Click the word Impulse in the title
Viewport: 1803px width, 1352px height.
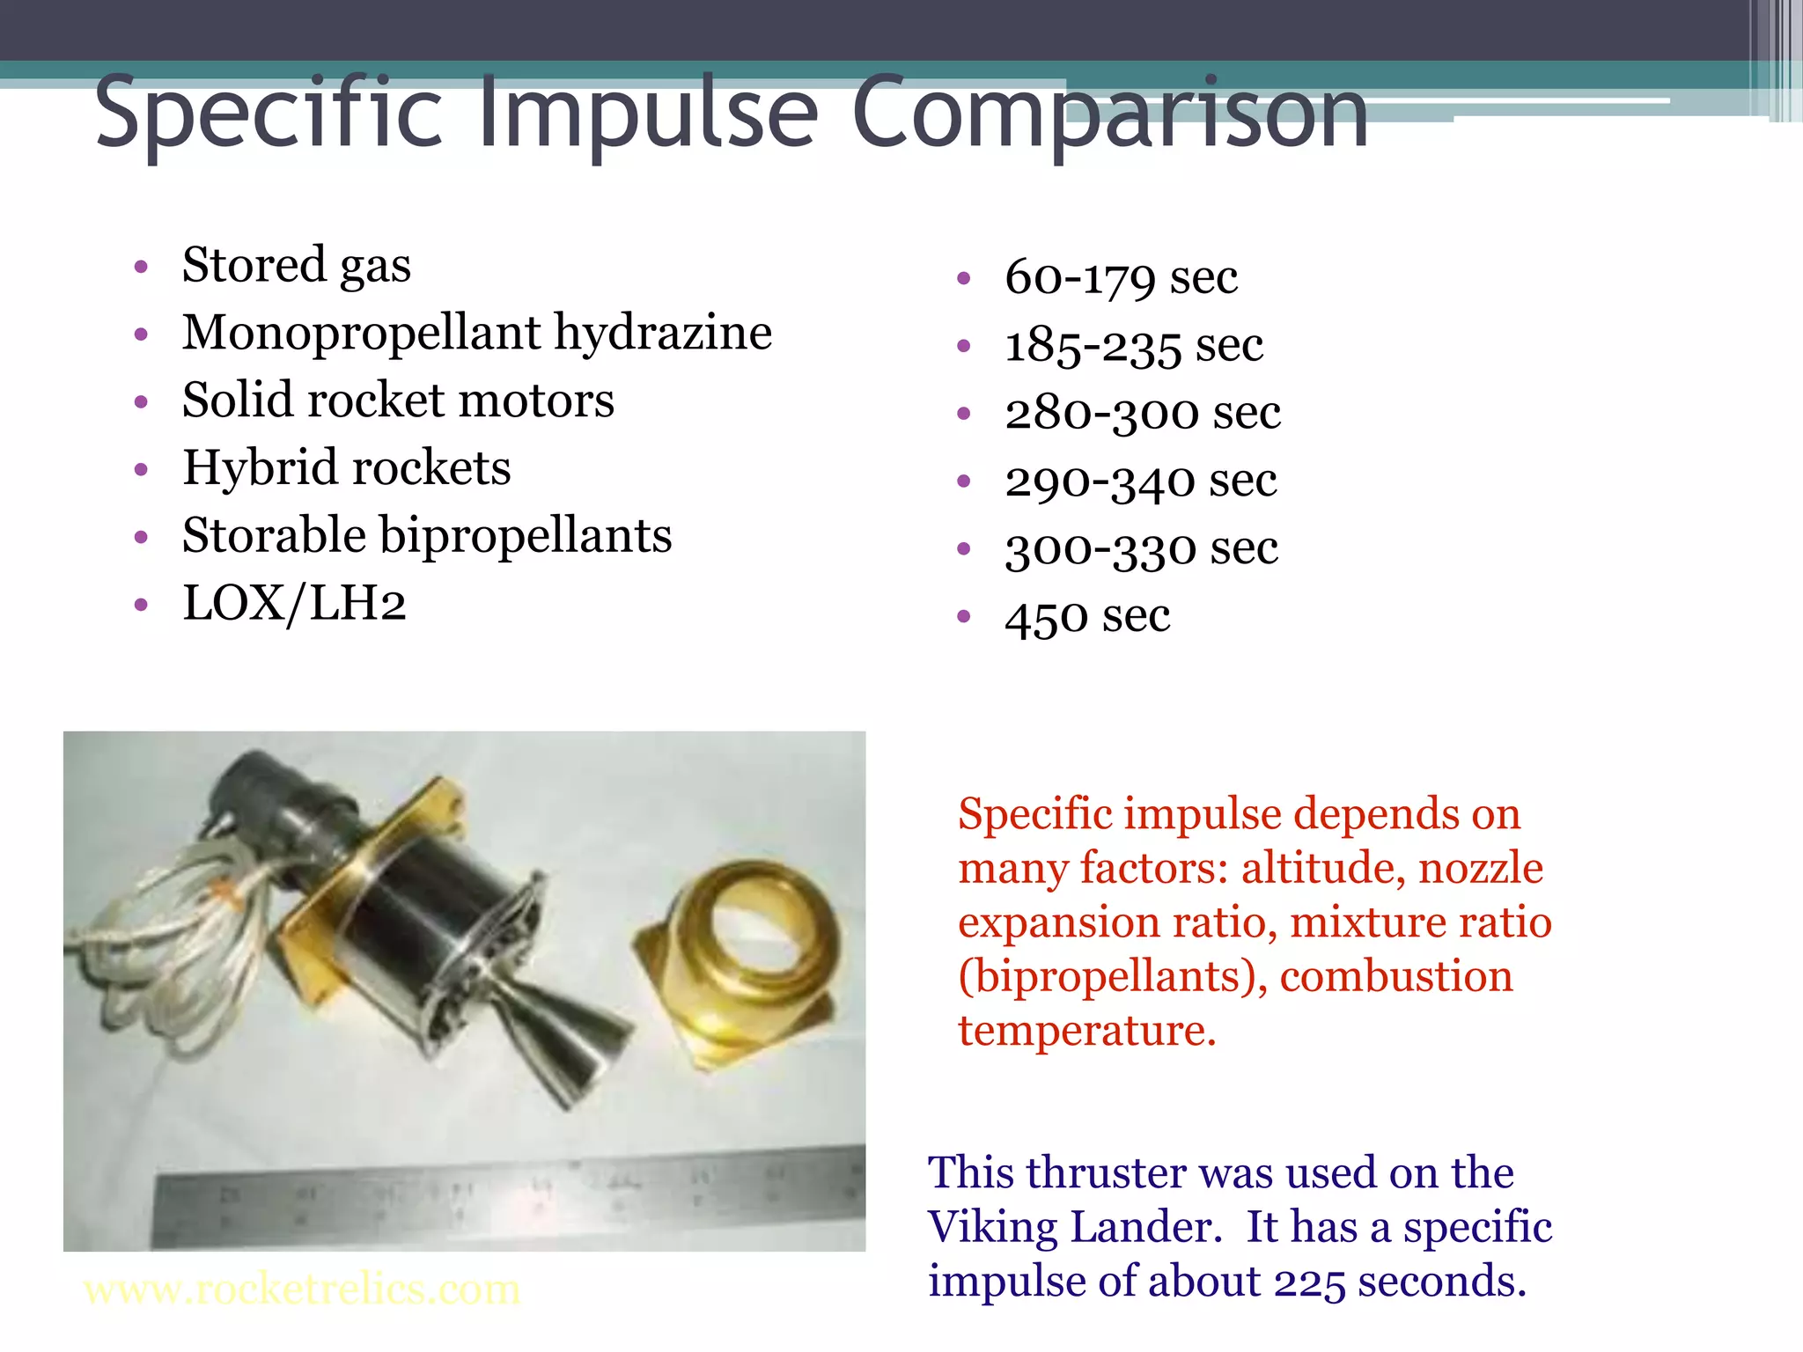click(x=651, y=113)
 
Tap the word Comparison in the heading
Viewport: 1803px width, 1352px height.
click(x=1109, y=113)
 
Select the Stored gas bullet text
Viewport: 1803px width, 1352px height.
click(x=296, y=265)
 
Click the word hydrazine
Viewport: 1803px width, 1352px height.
click(x=662, y=333)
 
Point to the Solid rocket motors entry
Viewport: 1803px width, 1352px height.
click(x=398, y=400)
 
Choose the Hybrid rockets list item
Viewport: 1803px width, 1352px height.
click(x=346, y=467)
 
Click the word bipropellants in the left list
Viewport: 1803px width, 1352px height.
click(x=526, y=536)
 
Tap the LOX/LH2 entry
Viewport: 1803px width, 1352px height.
click(x=294, y=604)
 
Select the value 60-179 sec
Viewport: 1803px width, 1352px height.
click(x=1121, y=278)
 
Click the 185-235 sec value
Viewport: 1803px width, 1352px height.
click(x=1134, y=345)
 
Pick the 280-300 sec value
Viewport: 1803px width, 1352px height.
click(x=1143, y=413)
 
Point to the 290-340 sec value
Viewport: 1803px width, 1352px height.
click(x=1141, y=481)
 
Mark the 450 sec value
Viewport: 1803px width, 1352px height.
click(x=1087, y=616)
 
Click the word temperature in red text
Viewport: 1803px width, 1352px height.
click(x=1086, y=1031)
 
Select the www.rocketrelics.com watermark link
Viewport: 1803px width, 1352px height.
click(x=302, y=1290)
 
